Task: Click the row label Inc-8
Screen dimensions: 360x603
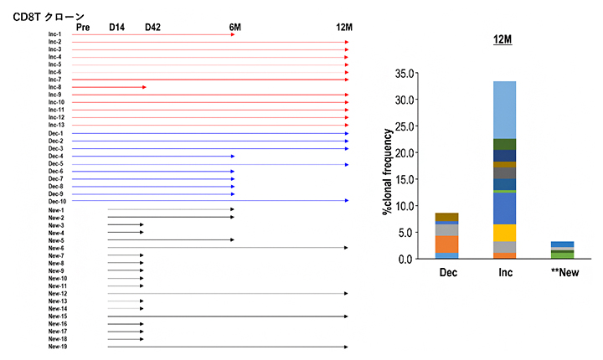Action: coord(55,87)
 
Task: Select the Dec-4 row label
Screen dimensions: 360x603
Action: coord(55,157)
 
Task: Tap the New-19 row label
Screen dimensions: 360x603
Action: coord(57,347)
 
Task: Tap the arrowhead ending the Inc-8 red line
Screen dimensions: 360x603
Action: coord(145,87)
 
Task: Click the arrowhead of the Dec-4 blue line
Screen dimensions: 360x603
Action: coord(232,157)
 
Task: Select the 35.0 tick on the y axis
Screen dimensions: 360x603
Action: coord(405,74)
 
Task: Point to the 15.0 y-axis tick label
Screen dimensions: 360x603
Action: coord(405,180)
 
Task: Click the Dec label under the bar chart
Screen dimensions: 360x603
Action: coord(446,273)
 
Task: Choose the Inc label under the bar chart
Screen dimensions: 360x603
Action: coord(504,273)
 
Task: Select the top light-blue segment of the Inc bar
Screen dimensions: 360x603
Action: coord(504,110)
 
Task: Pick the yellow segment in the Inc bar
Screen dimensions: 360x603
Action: coord(504,233)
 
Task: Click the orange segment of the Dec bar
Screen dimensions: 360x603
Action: coord(446,244)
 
